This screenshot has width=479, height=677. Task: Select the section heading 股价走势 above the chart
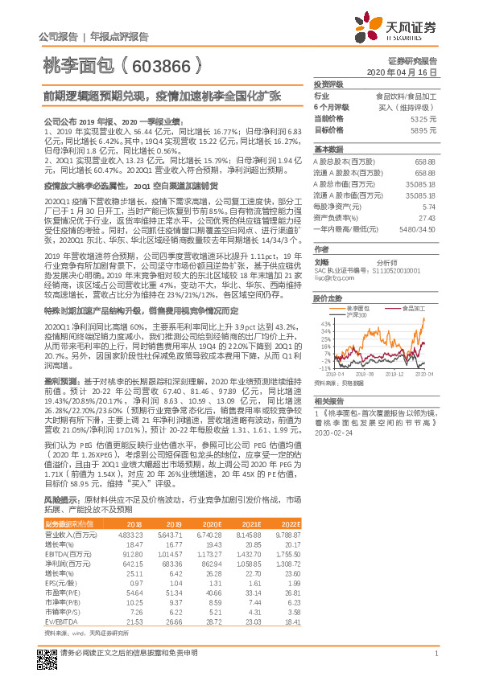tap(328, 297)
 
